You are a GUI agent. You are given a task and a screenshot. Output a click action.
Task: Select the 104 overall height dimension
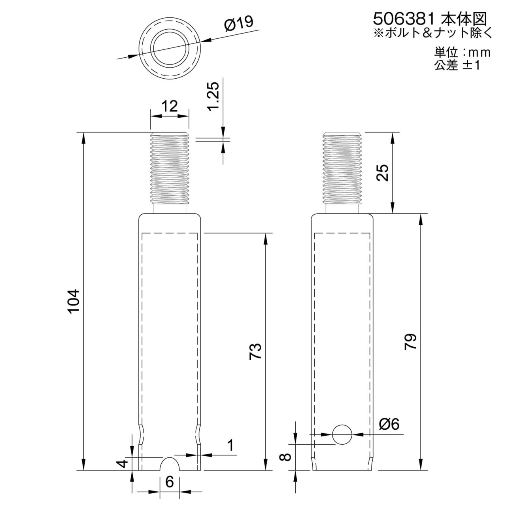coord(74,301)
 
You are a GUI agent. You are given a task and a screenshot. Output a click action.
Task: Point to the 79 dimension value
coord(411,342)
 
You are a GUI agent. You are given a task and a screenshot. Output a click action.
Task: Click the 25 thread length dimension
coord(382,172)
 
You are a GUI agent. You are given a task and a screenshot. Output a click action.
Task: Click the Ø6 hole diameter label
coord(389,424)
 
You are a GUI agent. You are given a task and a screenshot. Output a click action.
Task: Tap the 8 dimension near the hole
coord(285,457)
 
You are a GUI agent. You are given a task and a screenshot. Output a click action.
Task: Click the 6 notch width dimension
coord(169,482)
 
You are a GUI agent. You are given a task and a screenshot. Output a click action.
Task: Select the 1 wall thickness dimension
coord(230,446)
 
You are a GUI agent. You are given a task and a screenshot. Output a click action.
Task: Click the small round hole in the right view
coord(342,434)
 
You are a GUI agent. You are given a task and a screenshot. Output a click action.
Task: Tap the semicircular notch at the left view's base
coord(170,464)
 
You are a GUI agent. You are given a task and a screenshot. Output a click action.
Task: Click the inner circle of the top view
coord(170,46)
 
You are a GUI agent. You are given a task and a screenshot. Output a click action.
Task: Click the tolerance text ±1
coord(472,66)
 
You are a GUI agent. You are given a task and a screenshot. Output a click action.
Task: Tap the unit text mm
coord(480,53)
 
